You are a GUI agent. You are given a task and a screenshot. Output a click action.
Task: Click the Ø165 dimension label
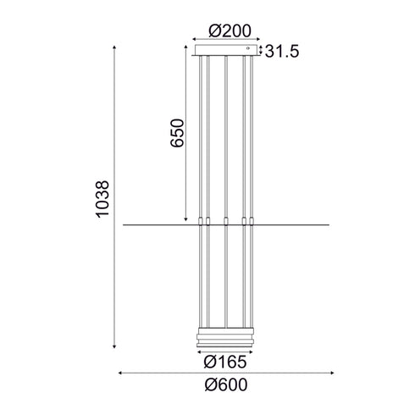coord(226,359)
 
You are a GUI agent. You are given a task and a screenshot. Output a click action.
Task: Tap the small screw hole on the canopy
coord(249,52)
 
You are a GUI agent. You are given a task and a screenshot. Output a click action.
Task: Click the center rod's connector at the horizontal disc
coord(226,223)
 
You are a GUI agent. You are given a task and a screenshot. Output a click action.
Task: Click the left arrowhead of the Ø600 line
coord(119,372)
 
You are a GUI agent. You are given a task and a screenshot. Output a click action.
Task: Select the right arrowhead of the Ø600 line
coord(332,372)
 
